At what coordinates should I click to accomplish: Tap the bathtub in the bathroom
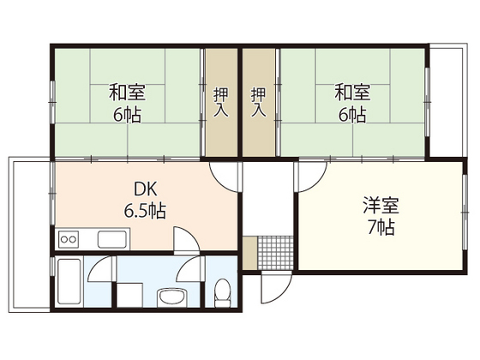pyautogui.click(x=70, y=284)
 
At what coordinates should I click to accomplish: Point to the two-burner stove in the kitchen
pyautogui.click(x=68, y=238)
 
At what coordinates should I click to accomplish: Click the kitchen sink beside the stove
pyautogui.click(x=112, y=238)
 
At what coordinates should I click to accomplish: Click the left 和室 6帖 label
pyautogui.click(x=125, y=101)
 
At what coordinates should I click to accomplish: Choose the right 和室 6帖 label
pyautogui.click(x=351, y=101)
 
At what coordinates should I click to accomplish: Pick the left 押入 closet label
pyautogui.click(x=220, y=101)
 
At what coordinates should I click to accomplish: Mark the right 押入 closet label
pyautogui.click(x=259, y=101)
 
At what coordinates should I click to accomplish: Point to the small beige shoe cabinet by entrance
pyautogui.click(x=249, y=254)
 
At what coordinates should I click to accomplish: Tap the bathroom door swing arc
pyautogui.click(x=100, y=267)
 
